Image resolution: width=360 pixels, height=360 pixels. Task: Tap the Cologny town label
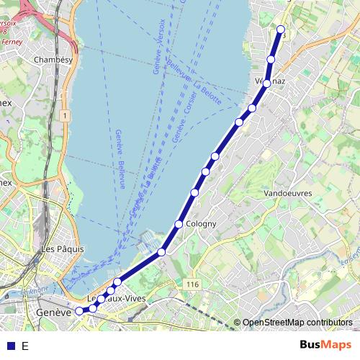[x=201, y=224]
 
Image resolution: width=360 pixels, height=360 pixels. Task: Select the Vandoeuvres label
[x=287, y=194]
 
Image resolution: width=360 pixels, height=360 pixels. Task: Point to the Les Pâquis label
[x=63, y=249]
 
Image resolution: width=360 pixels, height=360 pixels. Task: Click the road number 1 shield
[x=65, y=115]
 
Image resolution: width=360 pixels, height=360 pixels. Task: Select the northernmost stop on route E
[x=281, y=29]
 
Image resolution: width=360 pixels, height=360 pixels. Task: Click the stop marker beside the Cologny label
[x=179, y=224]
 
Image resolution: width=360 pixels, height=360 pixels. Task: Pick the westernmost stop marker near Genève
[x=79, y=312]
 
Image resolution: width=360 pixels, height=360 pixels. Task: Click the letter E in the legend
[x=25, y=346]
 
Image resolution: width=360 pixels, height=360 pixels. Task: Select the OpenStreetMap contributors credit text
[x=297, y=323]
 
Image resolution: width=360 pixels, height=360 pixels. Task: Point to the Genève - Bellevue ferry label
[x=120, y=158]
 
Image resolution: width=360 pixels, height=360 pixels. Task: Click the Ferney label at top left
[x=13, y=42]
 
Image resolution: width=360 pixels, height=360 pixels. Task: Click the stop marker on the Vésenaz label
[x=266, y=84]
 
